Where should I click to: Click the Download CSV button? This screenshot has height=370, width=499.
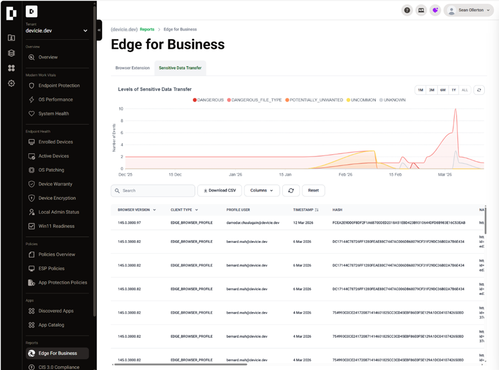pos(220,190)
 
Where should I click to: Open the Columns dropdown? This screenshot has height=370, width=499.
pos(262,190)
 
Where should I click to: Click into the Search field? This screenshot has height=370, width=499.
pos(153,190)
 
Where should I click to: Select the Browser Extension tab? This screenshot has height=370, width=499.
pos(132,68)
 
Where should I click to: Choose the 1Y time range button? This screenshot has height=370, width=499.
pos(454,90)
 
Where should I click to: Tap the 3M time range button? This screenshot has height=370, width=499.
pos(431,90)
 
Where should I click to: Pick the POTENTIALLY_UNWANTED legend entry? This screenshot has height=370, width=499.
pos(314,100)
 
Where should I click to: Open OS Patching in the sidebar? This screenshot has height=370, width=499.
pos(51,170)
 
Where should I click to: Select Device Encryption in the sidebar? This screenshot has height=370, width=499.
pos(57,198)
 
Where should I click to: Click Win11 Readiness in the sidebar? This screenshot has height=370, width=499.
pos(55,226)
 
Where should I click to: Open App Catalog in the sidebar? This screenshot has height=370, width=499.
pos(51,325)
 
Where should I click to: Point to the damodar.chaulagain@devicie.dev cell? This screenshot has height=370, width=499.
pos(253,223)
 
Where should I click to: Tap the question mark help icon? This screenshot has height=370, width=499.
pos(407,10)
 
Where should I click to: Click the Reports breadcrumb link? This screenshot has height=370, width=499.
pos(147,29)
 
